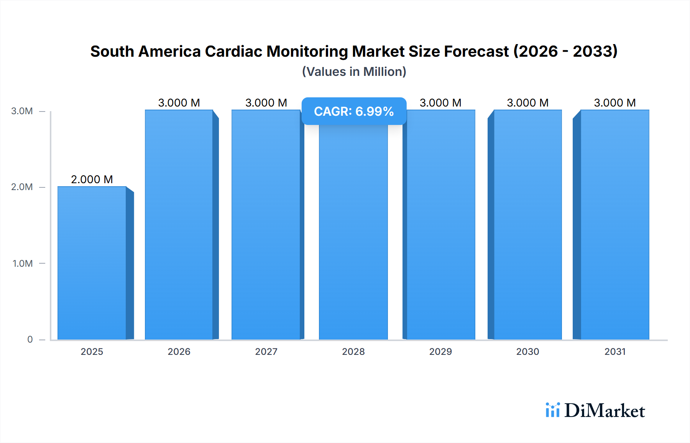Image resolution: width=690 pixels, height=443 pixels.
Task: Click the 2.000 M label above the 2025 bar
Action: [92, 179]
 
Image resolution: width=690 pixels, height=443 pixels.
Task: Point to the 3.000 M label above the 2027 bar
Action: [266, 103]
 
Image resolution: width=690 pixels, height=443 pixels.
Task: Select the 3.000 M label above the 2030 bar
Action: [527, 103]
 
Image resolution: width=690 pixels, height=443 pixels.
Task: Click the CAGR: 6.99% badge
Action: [354, 111]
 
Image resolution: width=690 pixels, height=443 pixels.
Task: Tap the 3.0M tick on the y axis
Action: [22, 111]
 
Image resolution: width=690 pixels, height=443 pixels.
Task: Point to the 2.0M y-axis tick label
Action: [22, 187]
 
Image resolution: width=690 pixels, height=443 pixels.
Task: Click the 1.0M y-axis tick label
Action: [23, 263]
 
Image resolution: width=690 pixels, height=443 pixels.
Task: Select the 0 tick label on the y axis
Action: [30, 339]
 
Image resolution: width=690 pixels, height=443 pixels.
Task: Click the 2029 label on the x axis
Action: [440, 351]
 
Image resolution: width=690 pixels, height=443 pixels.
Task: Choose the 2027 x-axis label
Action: [266, 351]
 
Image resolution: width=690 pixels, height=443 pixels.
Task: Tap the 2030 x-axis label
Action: [527, 351]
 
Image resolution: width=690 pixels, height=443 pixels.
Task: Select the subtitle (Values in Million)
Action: [354, 72]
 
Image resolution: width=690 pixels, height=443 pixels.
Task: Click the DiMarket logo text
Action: [605, 411]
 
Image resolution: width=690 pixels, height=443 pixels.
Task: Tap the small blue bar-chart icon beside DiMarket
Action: [552, 410]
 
